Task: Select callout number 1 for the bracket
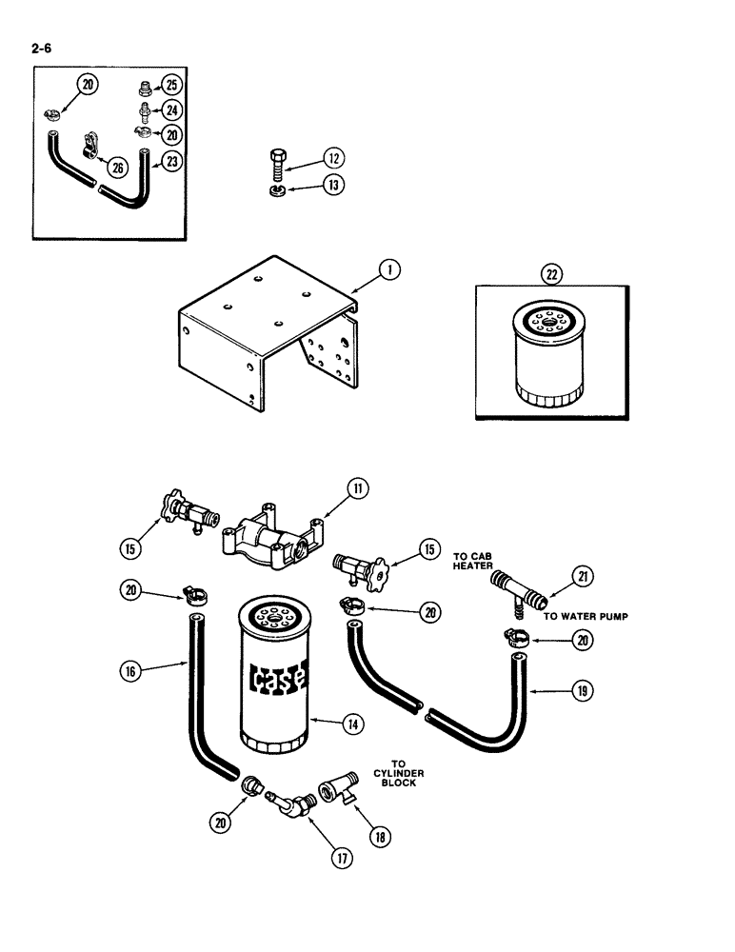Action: pos(389,269)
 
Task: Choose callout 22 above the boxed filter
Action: pos(552,274)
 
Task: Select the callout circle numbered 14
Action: pos(354,724)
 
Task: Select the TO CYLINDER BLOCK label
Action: pos(399,774)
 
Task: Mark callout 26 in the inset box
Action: pos(118,168)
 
